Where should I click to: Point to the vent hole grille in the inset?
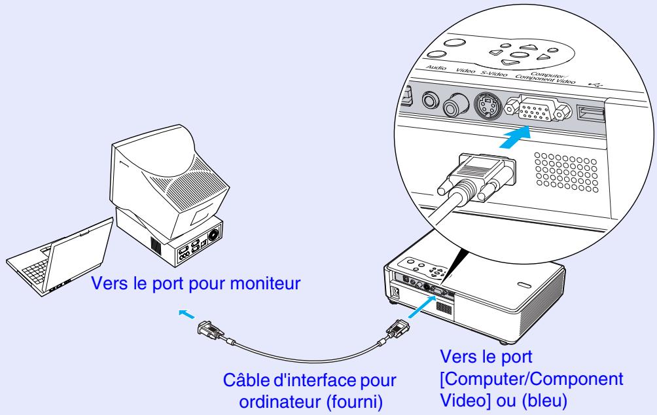[559, 173]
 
